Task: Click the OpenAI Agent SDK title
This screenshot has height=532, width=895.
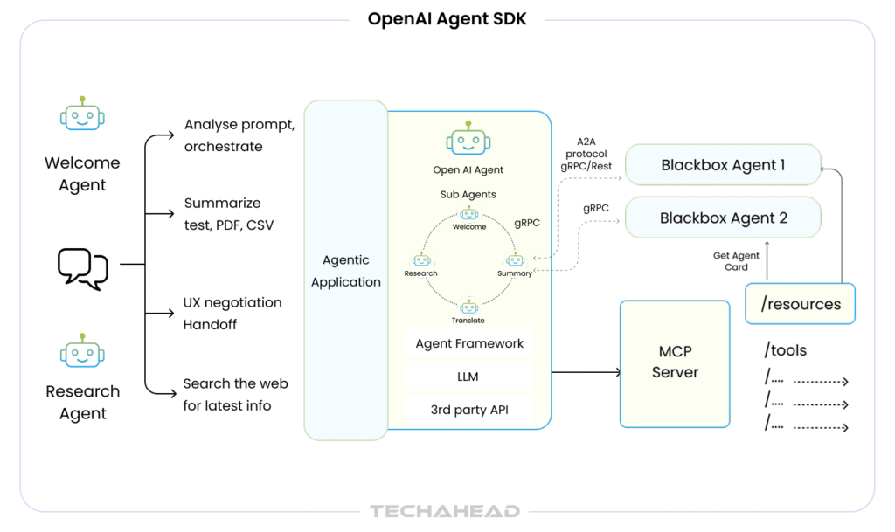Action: (447, 18)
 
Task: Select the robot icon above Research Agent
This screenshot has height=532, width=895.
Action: (82, 351)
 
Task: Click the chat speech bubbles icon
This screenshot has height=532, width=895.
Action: (83, 267)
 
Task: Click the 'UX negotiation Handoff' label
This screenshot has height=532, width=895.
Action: (232, 313)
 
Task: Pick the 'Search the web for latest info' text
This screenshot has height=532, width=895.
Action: (235, 394)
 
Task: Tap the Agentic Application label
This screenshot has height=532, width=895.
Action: (345, 271)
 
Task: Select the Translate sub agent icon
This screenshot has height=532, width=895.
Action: (468, 307)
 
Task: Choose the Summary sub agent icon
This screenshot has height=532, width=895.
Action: (515, 260)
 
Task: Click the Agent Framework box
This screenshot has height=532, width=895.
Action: (469, 343)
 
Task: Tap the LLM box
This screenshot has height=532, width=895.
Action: (469, 377)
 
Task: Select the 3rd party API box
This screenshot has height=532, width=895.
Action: (469, 410)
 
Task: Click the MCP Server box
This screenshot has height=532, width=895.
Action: (674, 362)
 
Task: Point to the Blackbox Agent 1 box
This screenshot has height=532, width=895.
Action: (723, 165)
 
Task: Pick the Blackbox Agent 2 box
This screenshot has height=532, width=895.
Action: (723, 218)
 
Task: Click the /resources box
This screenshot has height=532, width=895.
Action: (801, 304)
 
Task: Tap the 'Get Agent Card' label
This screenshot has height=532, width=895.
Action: (736, 261)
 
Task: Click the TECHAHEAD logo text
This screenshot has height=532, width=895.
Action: (444, 511)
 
